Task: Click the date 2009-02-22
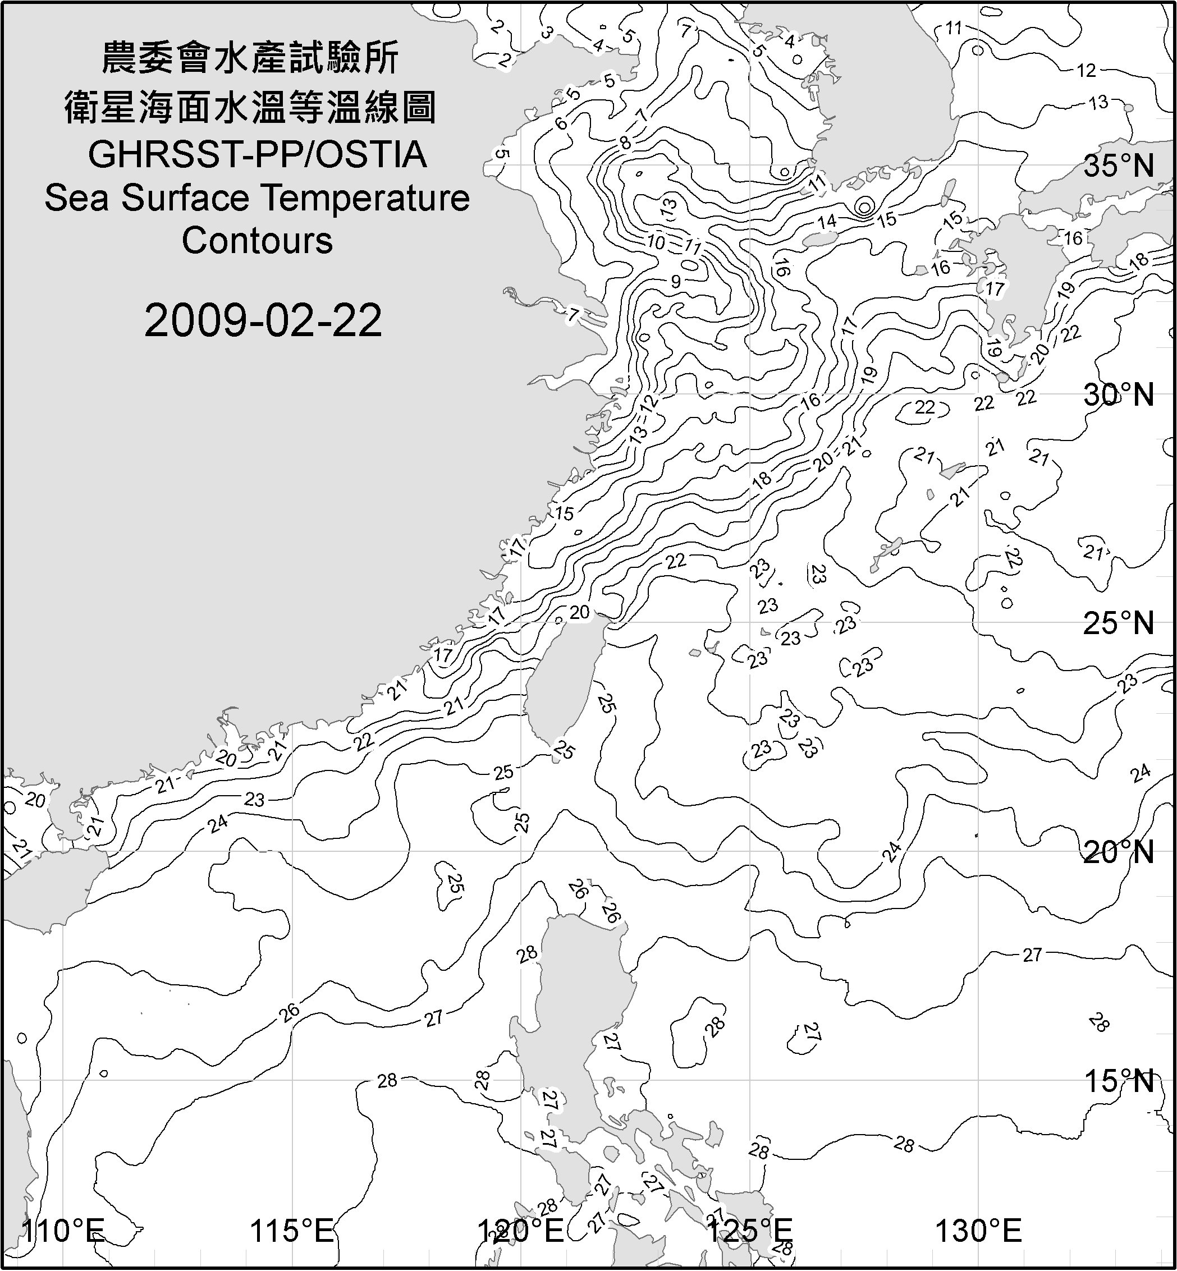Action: (263, 320)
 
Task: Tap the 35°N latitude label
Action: (1119, 166)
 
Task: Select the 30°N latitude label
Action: (1119, 396)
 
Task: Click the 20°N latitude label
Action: (1119, 852)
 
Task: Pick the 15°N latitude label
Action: (1119, 1081)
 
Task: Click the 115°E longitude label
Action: (292, 1231)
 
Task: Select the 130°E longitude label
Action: (978, 1231)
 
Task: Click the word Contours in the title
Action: (257, 241)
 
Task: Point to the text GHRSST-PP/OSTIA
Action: (257, 155)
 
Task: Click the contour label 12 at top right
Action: (1086, 71)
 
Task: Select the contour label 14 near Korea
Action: (827, 222)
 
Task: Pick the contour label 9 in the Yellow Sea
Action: (675, 281)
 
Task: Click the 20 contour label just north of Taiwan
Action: (579, 613)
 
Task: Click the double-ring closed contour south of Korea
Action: (864, 207)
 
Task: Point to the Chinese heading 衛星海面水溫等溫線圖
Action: (250, 107)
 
